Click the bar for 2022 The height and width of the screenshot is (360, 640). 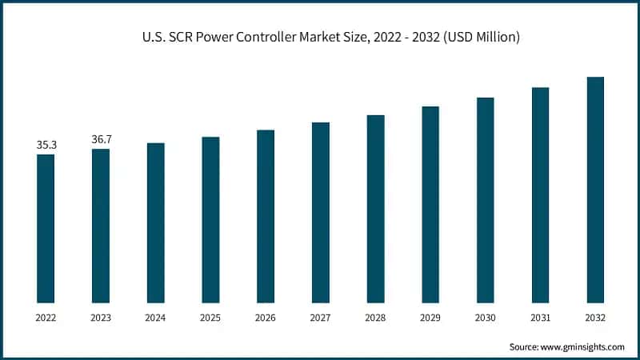point(46,228)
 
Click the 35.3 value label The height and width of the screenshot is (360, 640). point(46,145)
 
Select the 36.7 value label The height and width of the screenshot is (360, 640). point(102,139)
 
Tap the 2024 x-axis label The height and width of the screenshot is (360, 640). point(156,318)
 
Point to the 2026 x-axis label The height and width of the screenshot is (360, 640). point(266,318)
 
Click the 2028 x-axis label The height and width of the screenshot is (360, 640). point(375,318)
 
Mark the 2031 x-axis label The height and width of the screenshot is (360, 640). point(540,318)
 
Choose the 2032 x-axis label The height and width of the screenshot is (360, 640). point(595,318)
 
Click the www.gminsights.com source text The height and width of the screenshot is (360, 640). point(583,346)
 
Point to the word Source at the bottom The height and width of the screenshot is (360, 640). point(525,346)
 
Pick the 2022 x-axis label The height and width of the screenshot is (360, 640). point(46,318)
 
